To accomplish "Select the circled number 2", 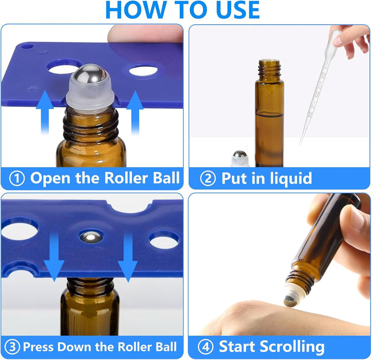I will [207, 179].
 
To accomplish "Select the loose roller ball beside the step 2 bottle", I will [239, 156].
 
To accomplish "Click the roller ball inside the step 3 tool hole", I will [91, 237].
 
